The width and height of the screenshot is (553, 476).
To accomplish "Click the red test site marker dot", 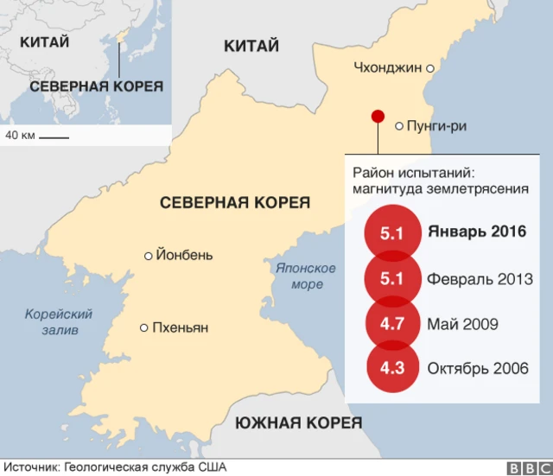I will [x=377, y=117].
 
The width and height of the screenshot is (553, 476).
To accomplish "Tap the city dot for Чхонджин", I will [x=429, y=67].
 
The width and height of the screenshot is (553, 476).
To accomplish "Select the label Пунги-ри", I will [x=435, y=126].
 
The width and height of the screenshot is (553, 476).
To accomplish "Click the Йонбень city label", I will [x=183, y=255].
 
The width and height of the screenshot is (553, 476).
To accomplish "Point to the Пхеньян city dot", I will [x=143, y=327].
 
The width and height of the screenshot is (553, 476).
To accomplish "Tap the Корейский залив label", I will [x=58, y=321].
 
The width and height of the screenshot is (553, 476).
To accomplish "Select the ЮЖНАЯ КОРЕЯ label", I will [x=298, y=422].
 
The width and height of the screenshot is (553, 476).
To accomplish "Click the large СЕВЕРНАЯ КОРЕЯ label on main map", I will [x=234, y=202].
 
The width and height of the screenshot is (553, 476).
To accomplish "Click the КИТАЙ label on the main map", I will [x=251, y=46].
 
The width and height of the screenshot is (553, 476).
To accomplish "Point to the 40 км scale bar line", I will [x=54, y=136].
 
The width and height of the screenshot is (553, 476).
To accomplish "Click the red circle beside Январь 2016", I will [x=392, y=233].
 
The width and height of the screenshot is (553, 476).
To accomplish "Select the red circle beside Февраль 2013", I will [x=392, y=279].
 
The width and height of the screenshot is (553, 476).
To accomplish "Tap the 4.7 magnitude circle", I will [x=392, y=324].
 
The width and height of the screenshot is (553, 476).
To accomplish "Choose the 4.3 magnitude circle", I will [x=392, y=368].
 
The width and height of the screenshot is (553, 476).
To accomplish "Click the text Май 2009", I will [x=462, y=324].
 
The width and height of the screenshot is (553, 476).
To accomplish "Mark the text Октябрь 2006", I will [x=477, y=368].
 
